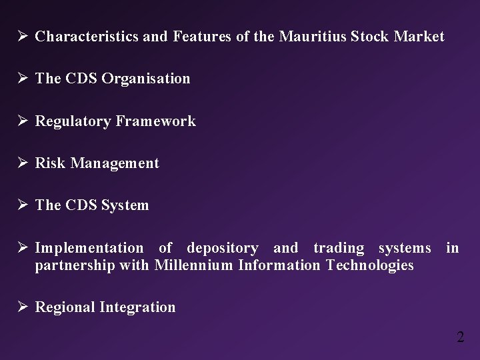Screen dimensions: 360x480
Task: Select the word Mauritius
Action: click(x=307, y=37)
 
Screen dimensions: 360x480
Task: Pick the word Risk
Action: click(x=49, y=163)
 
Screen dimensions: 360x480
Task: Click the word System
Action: click(x=125, y=205)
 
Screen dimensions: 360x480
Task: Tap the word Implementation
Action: click(x=89, y=249)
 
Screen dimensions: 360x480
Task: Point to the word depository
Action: click(x=222, y=249)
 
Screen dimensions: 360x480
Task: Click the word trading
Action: click(x=339, y=249)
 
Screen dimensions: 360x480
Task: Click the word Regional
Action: click(x=65, y=307)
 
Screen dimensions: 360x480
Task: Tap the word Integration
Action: click(x=137, y=307)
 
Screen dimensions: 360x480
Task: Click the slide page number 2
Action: click(x=460, y=337)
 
